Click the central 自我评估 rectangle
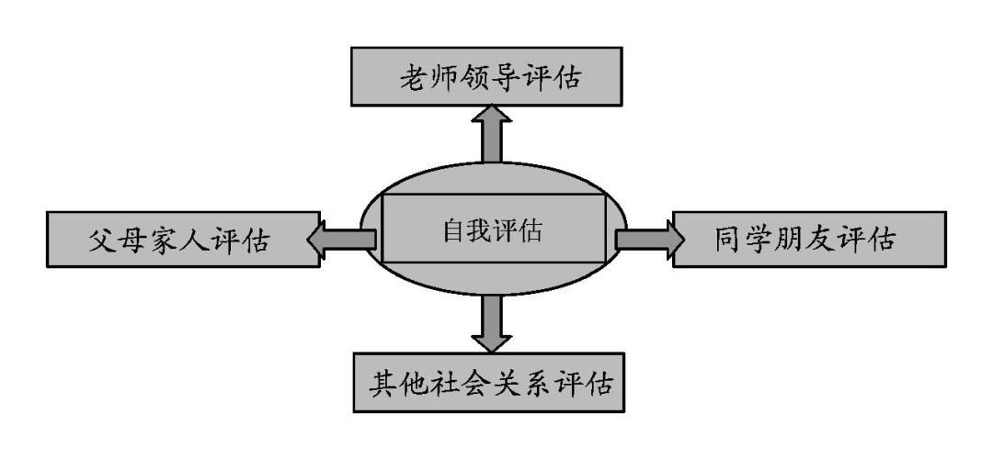(493, 229)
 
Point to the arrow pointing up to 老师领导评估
(493, 133)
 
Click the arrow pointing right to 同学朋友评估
(649, 239)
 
